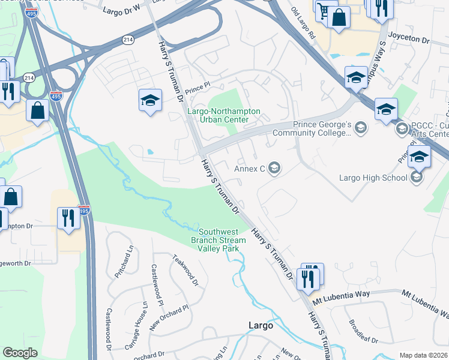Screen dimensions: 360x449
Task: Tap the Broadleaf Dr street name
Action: pos(363,331)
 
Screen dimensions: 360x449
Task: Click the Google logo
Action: pos(20,353)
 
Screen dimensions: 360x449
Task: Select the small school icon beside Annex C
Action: pos(274,168)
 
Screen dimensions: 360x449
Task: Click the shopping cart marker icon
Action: pos(325,11)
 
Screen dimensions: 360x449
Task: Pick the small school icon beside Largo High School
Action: pos(417,177)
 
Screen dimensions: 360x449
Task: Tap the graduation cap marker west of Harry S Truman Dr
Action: pos(150,100)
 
